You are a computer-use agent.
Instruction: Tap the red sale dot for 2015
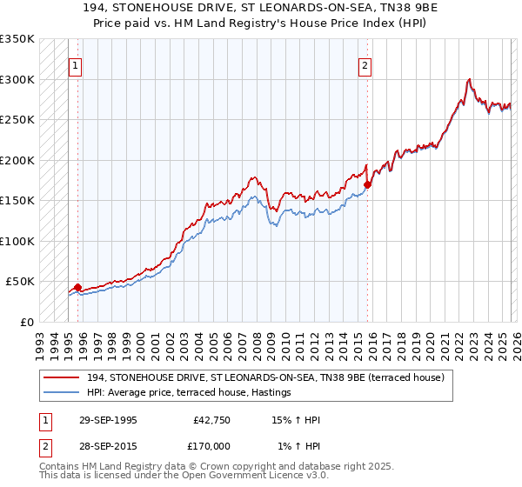367,184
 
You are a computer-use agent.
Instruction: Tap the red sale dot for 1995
78,287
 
